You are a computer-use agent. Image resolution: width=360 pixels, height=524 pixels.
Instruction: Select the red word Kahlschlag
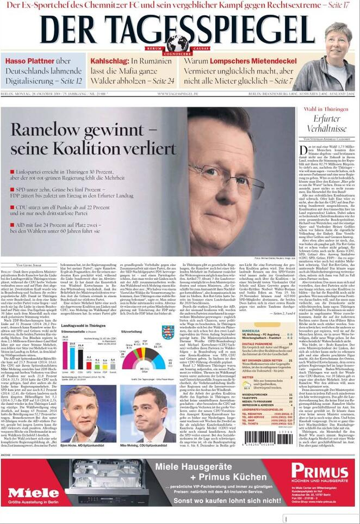(109, 61)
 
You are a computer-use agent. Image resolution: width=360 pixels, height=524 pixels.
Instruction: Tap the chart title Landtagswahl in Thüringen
(85, 325)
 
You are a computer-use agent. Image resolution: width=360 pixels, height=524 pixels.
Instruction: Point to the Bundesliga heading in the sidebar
(251, 331)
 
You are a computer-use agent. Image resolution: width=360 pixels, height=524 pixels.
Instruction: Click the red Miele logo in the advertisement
(34, 493)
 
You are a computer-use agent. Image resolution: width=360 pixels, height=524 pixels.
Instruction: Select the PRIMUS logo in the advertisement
(319, 471)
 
